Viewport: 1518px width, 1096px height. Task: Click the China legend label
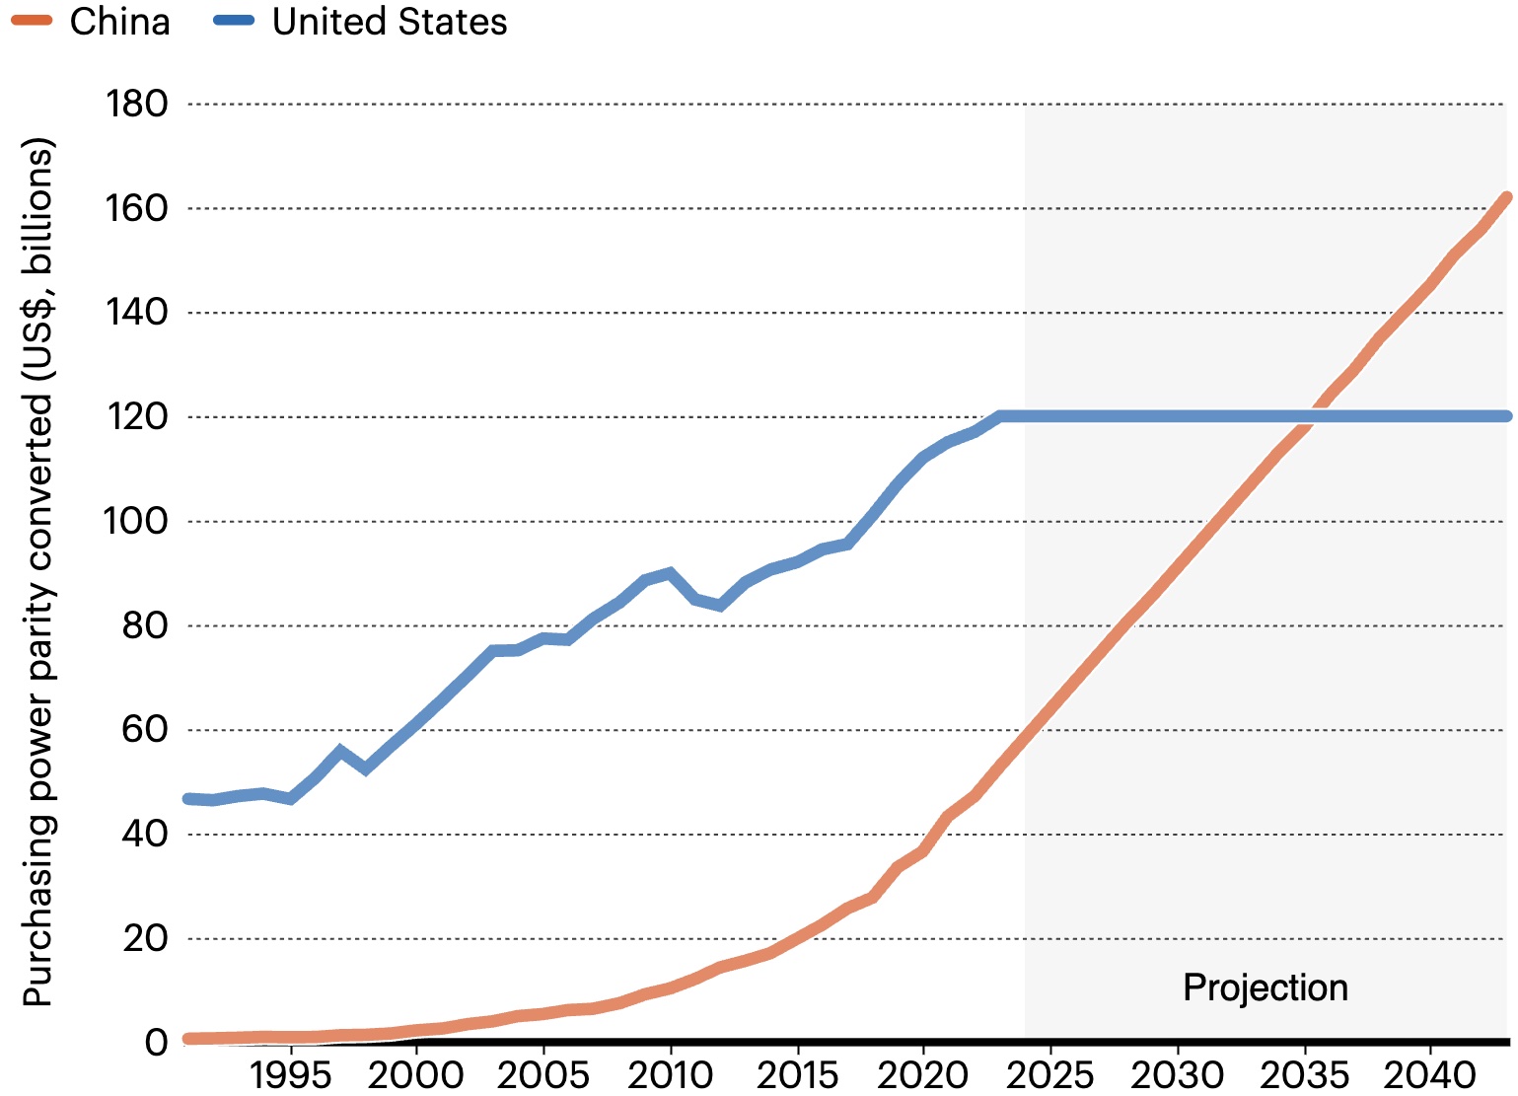click(119, 22)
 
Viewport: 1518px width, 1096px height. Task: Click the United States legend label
click(390, 22)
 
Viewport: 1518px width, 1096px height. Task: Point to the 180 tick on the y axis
click(137, 104)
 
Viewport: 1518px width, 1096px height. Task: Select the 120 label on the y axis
click(137, 416)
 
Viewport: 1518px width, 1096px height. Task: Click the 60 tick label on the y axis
click(145, 729)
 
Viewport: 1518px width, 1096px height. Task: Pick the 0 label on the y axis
click(157, 1042)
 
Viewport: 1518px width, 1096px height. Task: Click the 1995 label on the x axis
click(290, 1074)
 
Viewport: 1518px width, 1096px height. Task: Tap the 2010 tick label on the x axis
click(671, 1074)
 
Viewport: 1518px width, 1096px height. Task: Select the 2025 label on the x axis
click(1050, 1074)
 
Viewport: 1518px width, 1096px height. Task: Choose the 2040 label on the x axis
click(1430, 1074)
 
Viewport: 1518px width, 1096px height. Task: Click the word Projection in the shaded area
click(1265, 987)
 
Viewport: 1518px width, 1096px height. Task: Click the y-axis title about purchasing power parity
click(37, 572)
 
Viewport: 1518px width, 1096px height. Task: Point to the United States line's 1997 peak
click(341, 751)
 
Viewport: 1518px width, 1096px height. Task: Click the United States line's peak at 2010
click(671, 573)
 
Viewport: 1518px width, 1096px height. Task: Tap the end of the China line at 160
click(1505, 198)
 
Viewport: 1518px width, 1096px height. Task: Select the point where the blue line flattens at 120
click(1000, 416)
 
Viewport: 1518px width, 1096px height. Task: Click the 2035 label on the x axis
click(1304, 1074)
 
